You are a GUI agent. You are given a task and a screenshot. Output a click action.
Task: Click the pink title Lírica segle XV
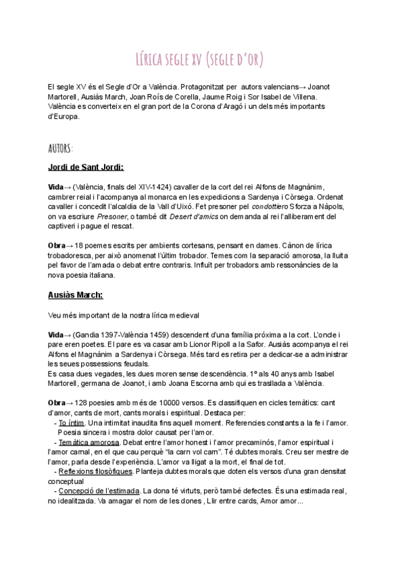coord(199,60)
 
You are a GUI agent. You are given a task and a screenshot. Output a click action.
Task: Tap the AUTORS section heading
coord(61,147)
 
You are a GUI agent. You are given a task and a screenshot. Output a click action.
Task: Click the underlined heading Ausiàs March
coord(76,295)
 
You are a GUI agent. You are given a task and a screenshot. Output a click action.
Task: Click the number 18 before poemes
coord(80,246)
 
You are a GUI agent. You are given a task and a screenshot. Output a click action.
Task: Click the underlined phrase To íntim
coord(71,423)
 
